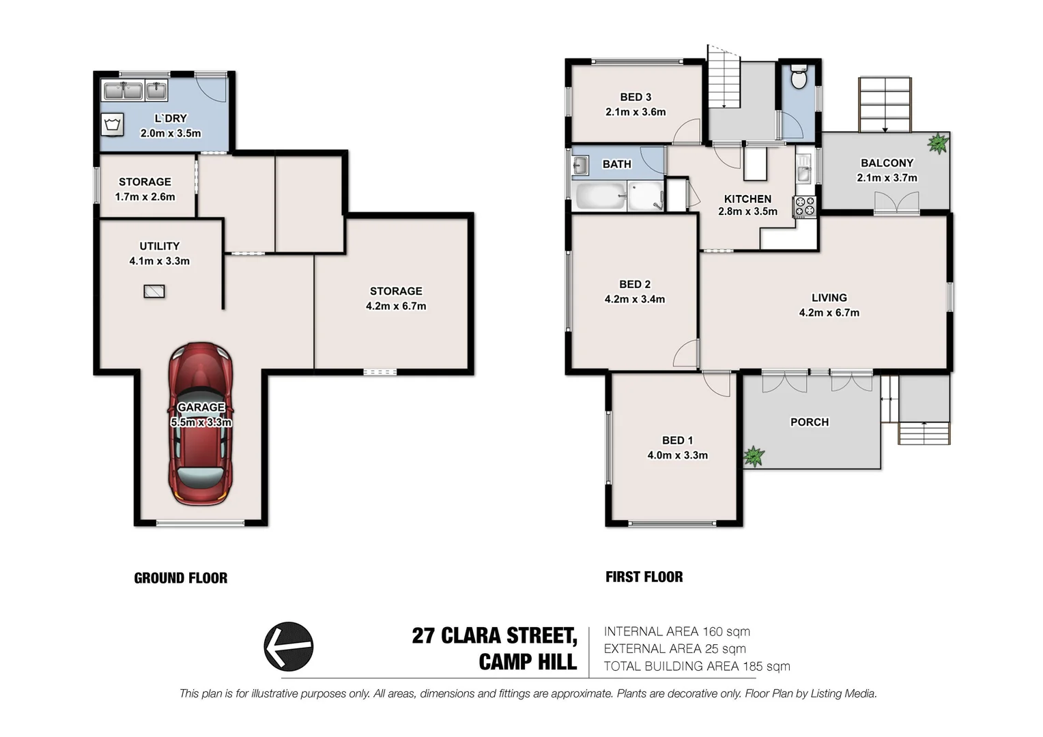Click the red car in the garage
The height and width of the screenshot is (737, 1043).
tap(201, 424)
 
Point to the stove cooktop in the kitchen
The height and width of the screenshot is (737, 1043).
tap(805, 207)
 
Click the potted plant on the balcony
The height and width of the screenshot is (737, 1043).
tap(938, 143)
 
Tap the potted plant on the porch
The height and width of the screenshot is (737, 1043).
tap(754, 455)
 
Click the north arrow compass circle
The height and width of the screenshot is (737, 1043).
tap(289, 646)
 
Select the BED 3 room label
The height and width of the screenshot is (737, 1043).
tap(635, 97)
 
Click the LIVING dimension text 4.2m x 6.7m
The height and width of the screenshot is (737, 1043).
tap(829, 313)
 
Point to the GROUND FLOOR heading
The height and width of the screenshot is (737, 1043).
tap(181, 578)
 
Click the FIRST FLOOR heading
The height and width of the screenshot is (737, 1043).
tap(644, 577)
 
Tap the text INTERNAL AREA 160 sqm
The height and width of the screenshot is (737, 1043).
tap(676, 631)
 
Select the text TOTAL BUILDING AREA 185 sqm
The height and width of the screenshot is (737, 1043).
tap(696, 666)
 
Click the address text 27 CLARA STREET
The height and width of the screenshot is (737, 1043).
tap(494, 636)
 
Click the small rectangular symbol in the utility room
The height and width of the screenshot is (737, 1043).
tap(154, 291)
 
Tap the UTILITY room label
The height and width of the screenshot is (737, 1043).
tap(160, 246)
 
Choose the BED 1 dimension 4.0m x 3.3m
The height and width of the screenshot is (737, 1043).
tap(677, 455)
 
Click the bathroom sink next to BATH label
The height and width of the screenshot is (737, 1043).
tap(581, 164)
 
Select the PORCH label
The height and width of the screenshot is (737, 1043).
tap(810, 422)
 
